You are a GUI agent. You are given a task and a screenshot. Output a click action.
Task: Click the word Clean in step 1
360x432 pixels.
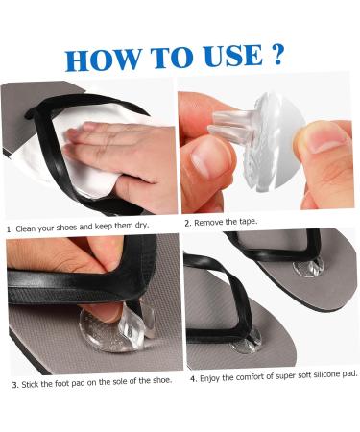click(x=26, y=228)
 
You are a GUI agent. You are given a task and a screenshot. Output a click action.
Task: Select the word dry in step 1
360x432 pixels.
click(x=141, y=226)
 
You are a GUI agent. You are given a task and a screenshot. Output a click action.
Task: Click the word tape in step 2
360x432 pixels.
click(x=248, y=221)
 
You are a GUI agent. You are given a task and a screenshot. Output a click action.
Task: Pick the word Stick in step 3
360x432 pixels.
click(x=30, y=384)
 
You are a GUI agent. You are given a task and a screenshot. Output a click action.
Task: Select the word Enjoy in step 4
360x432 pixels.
click(x=210, y=378)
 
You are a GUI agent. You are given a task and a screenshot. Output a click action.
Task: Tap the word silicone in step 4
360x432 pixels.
click(x=325, y=374)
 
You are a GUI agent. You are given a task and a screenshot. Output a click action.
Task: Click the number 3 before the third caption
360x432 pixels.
click(x=14, y=385)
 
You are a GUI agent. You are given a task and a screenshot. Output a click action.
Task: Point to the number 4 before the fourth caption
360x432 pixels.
click(x=193, y=379)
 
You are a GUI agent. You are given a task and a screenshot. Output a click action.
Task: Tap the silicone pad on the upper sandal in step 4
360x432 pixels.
click(x=309, y=267)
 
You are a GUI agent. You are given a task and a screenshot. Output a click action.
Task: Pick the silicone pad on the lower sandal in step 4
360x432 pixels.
click(x=246, y=341)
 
